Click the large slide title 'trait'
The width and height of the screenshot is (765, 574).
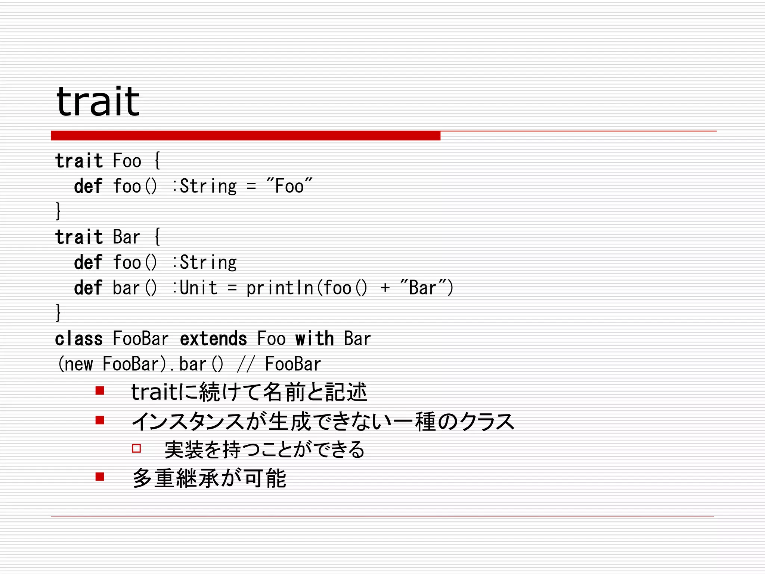click(x=98, y=102)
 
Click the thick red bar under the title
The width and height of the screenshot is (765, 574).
click(x=245, y=136)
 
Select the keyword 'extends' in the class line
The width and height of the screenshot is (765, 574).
click(x=213, y=339)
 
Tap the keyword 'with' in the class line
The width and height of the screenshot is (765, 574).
click(x=314, y=339)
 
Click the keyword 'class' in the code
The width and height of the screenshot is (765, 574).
click(x=79, y=339)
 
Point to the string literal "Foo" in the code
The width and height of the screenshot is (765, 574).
click(x=289, y=186)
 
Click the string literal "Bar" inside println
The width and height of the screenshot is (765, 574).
click(x=422, y=288)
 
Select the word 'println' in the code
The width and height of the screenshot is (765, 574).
click(x=279, y=288)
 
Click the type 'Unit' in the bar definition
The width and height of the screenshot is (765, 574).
click(x=198, y=288)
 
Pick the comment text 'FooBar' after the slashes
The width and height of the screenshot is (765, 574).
click(x=293, y=364)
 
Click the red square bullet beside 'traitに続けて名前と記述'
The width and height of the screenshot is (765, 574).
click(x=100, y=391)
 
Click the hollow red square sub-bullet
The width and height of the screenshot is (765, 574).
click(x=136, y=448)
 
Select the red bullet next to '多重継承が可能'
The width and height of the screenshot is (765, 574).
click(x=100, y=477)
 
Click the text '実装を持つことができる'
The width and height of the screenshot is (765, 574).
click(x=264, y=449)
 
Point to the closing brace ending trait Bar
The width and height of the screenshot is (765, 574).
click(x=58, y=312)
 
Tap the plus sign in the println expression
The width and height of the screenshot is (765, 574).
click(x=385, y=288)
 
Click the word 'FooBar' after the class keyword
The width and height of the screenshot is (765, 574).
click(x=141, y=339)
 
